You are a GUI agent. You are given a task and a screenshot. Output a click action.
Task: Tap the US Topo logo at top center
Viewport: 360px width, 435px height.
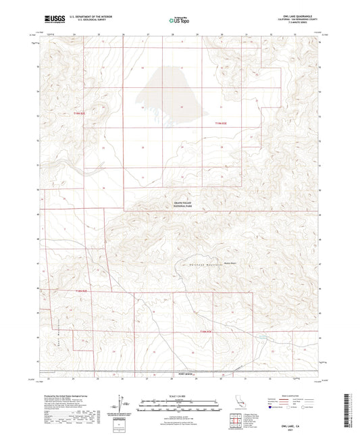[x=178, y=21]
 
